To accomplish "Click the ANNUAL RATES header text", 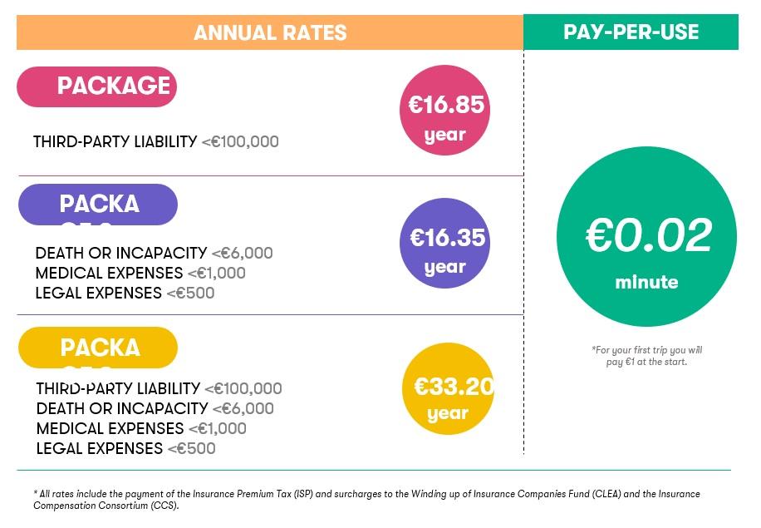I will click(270, 33).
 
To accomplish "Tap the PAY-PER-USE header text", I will click(631, 32).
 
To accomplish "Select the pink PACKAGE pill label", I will click(97, 86).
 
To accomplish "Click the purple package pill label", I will click(98, 205).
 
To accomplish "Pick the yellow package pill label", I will click(98, 348).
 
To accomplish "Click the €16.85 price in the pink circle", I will click(446, 105).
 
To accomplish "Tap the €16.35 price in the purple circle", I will click(447, 238).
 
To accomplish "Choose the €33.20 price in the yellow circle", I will click(453, 387).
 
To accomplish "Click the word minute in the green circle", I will click(646, 283).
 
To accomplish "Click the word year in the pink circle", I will click(445, 135).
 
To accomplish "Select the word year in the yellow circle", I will click(448, 413).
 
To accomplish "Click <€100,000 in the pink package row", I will click(240, 142).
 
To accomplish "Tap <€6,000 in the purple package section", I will click(242, 254).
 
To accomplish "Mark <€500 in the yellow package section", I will click(191, 449).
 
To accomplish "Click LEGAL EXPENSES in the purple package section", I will click(99, 294).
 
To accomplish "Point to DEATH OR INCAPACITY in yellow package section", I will click(122, 409).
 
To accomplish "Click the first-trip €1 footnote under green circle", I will click(646, 356).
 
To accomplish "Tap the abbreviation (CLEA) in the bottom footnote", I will click(606, 494).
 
